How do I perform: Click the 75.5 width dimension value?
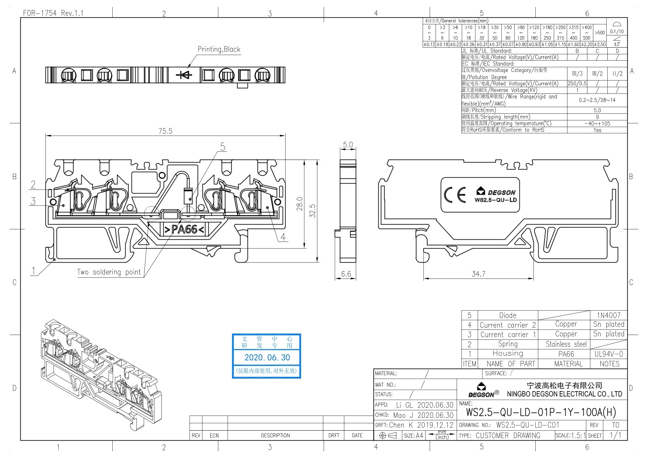tap(165, 131)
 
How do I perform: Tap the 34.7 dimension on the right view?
tap(478, 274)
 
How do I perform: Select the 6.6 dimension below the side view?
tap(346, 274)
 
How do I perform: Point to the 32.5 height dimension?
tap(313, 211)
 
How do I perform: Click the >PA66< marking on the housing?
tap(184, 229)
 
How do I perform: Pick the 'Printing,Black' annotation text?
tap(219, 49)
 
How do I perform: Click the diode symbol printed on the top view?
tap(184, 75)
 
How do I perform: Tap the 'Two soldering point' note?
tap(109, 272)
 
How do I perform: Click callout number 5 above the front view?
tap(223, 147)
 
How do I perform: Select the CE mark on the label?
tap(455, 195)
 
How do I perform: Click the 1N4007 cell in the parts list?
tap(609, 315)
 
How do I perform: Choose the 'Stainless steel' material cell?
tap(566, 344)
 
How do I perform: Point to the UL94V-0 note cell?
tap(609, 354)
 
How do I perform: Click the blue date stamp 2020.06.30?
tap(267, 358)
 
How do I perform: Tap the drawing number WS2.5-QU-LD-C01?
tap(528, 425)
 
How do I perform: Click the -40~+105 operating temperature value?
tap(597, 124)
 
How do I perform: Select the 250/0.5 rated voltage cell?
tap(577, 83)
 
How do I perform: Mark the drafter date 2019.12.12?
tap(435, 425)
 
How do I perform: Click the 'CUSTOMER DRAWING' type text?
tap(508, 435)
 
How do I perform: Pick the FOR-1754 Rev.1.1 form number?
tap(53, 13)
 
